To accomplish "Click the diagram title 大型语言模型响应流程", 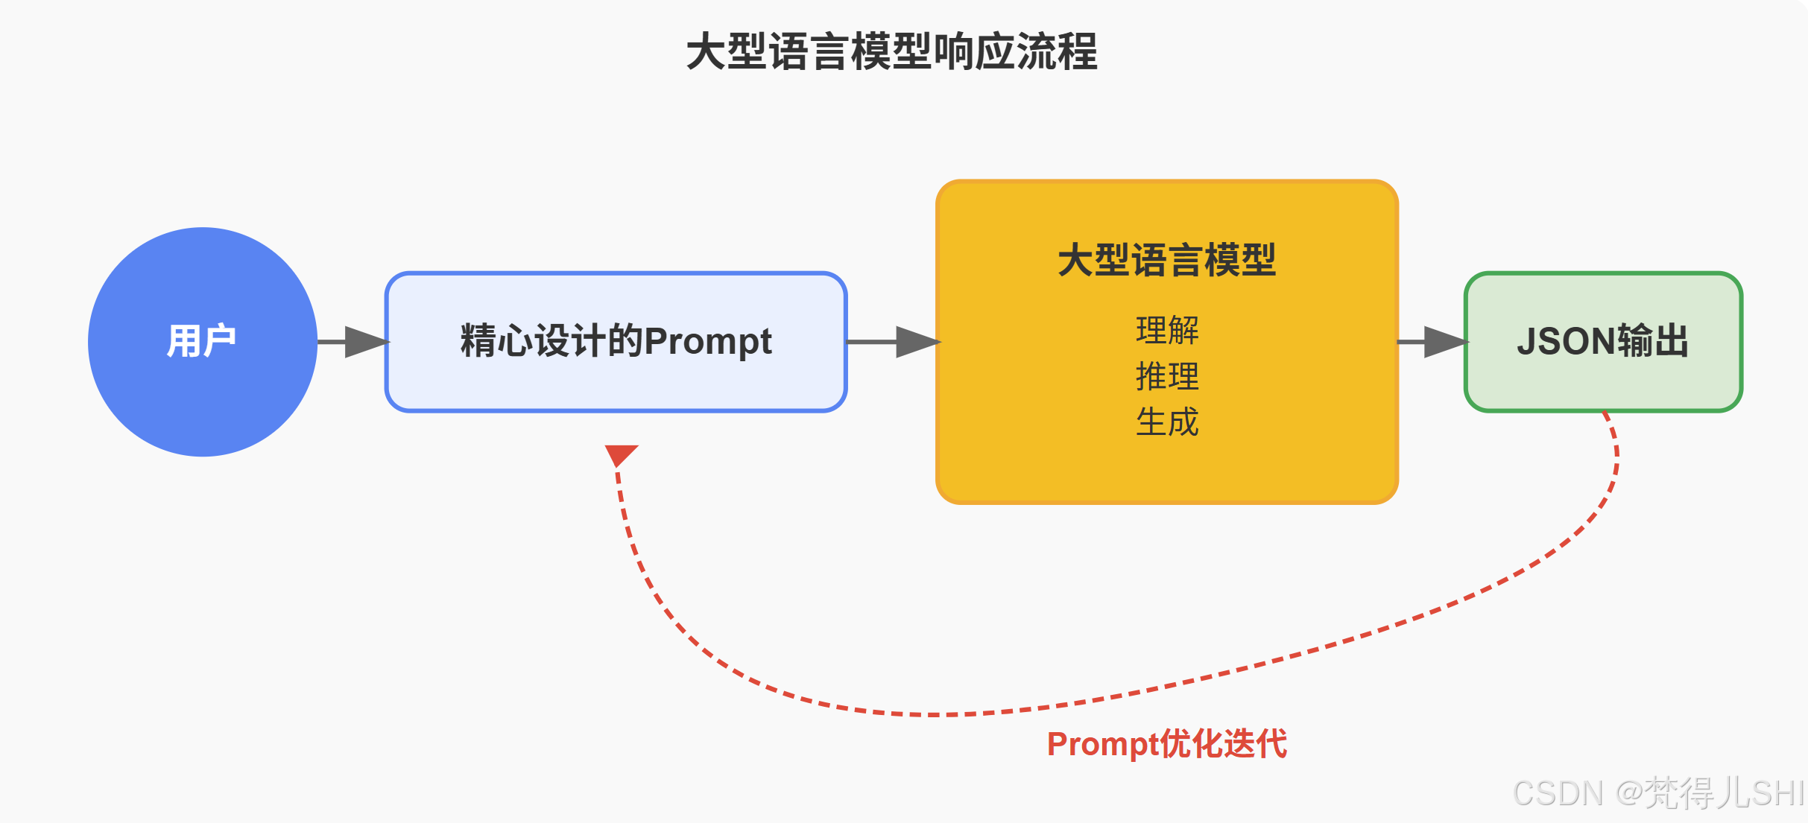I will [891, 52].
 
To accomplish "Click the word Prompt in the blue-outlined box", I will [707, 342].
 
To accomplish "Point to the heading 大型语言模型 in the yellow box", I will [1166, 261].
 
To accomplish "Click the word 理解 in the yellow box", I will [1167, 330].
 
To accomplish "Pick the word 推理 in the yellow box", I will [1167, 376].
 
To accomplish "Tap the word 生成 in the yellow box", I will [1167, 422].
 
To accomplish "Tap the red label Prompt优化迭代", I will [1166, 744].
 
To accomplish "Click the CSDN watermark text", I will [1658, 793].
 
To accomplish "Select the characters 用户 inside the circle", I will [201, 342].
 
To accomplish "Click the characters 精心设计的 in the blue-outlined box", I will [551, 342].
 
